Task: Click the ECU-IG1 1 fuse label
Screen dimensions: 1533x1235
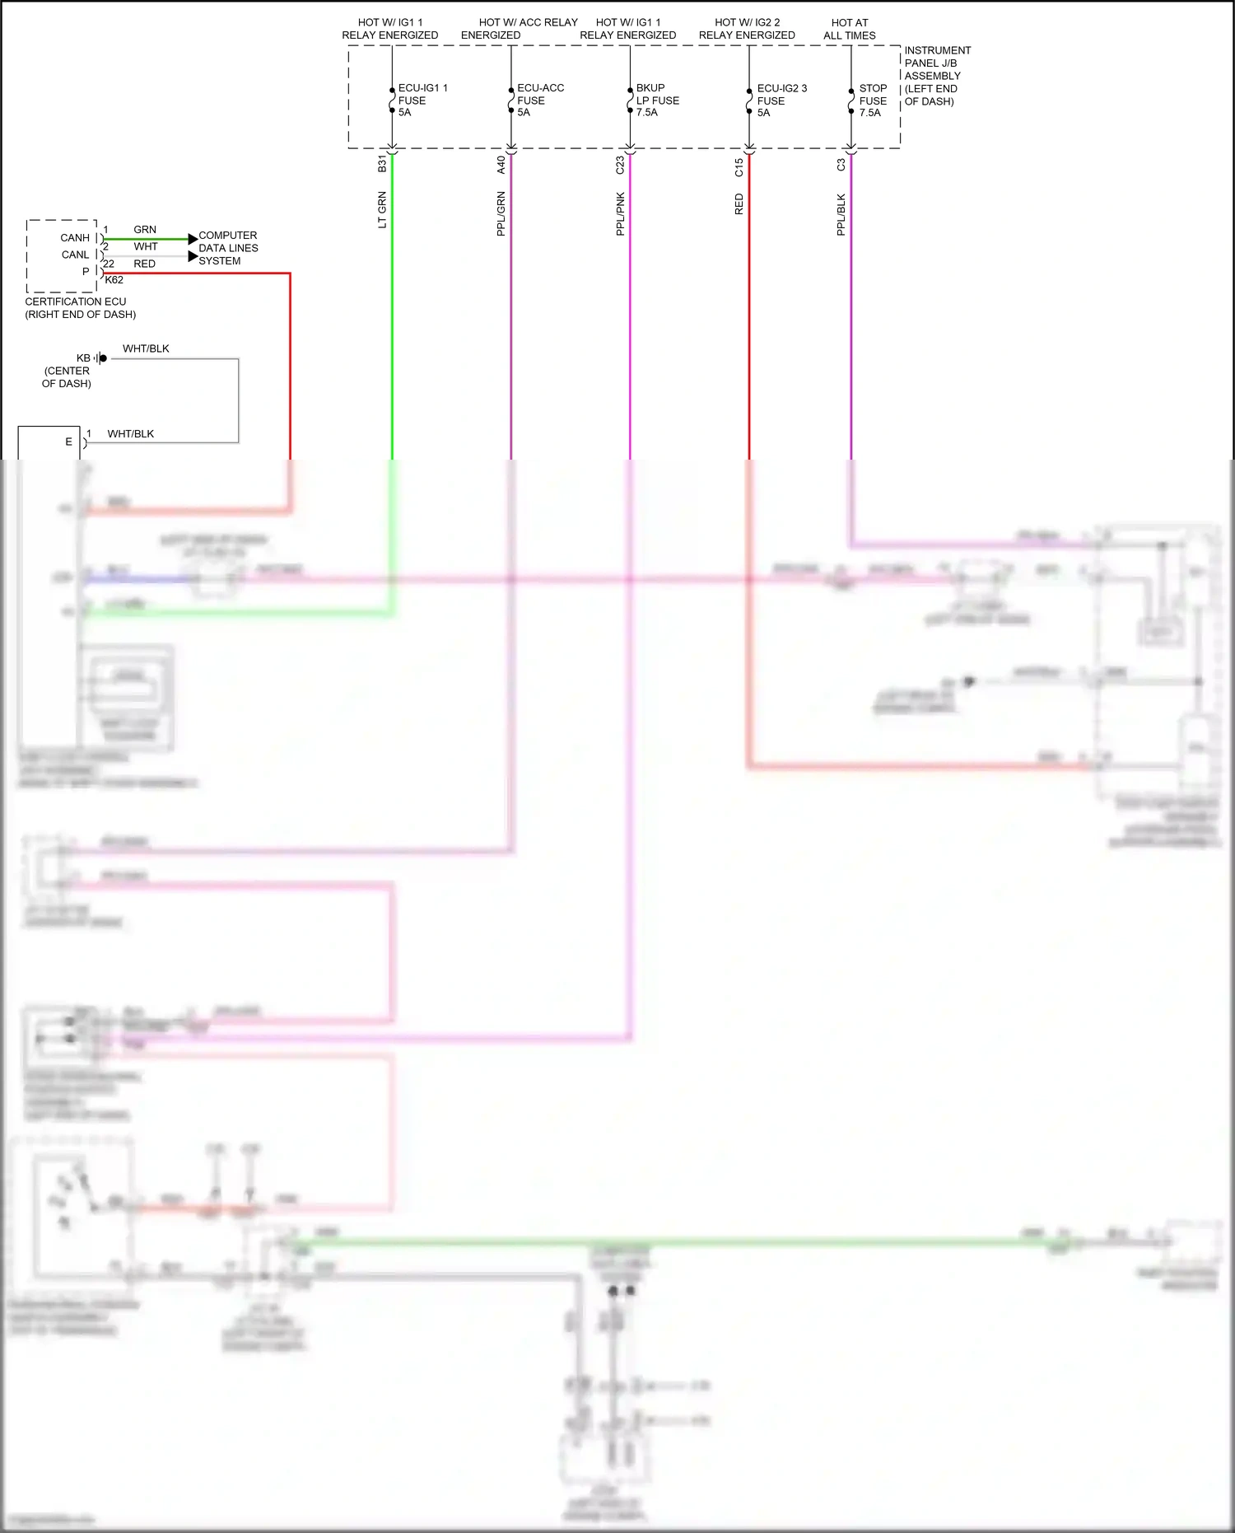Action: (422, 100)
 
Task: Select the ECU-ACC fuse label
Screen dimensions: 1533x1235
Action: (539, 100)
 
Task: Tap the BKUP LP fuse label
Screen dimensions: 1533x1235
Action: (657, 100)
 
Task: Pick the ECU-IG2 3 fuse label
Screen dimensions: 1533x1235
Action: (781, 100)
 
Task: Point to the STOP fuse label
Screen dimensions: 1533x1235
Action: (872, 100)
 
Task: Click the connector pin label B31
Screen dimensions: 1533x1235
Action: (382, 163)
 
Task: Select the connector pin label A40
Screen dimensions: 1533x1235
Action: (501, 165)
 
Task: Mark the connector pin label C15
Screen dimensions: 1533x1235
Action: (739, 167)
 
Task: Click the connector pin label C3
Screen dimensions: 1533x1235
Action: (841, 165)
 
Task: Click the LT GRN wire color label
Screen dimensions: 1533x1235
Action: (382, 210)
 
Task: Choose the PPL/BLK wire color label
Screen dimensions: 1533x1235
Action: (841, 215)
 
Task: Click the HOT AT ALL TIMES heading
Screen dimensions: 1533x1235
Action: (850, 29)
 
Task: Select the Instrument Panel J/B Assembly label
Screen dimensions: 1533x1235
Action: (936, 76)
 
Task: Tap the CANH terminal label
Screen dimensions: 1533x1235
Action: (75, 238)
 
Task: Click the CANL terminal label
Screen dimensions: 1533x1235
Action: (75, 255)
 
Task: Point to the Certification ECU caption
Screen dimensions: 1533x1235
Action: (80, 307)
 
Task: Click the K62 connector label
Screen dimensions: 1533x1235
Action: (114, 280)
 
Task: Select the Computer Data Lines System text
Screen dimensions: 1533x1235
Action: (228, 248)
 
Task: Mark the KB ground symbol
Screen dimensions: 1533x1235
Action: (100, 358)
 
